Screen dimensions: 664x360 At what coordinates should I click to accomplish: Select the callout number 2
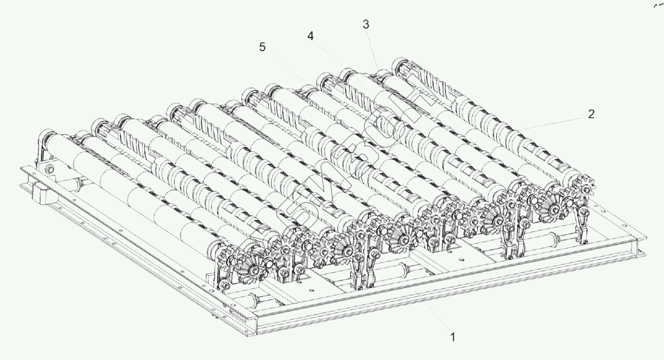point(591,114)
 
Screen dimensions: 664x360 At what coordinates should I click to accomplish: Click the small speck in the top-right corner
point(658,4)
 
